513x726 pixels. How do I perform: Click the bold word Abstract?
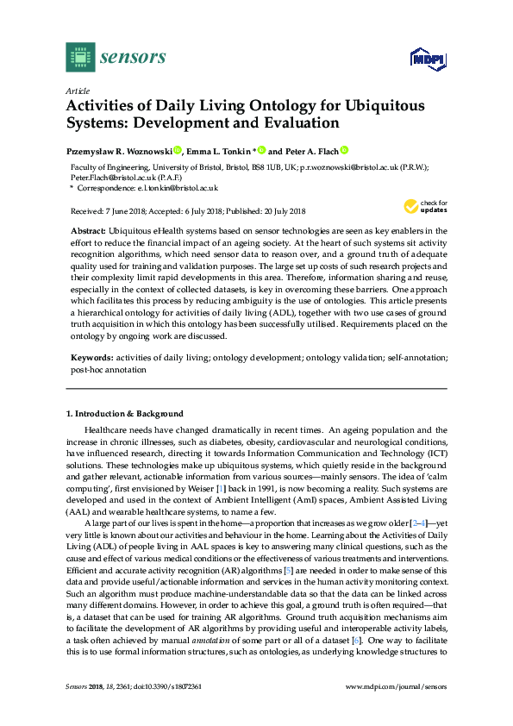pos(87,233)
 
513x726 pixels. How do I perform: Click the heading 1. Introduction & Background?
pos(125,414)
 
